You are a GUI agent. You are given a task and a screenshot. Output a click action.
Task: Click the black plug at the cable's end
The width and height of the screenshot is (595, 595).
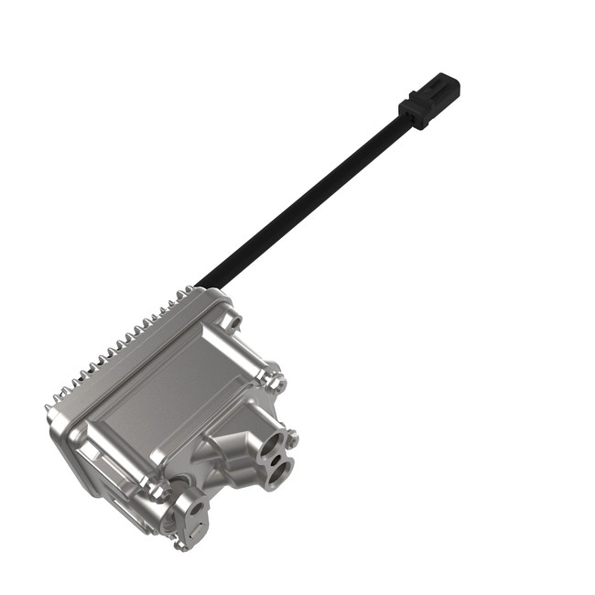(429, 102)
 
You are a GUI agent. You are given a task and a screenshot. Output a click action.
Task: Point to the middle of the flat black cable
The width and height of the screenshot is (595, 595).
(302, 202)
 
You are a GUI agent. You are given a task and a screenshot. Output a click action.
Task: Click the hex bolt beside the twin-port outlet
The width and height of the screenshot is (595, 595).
(292, 440)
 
